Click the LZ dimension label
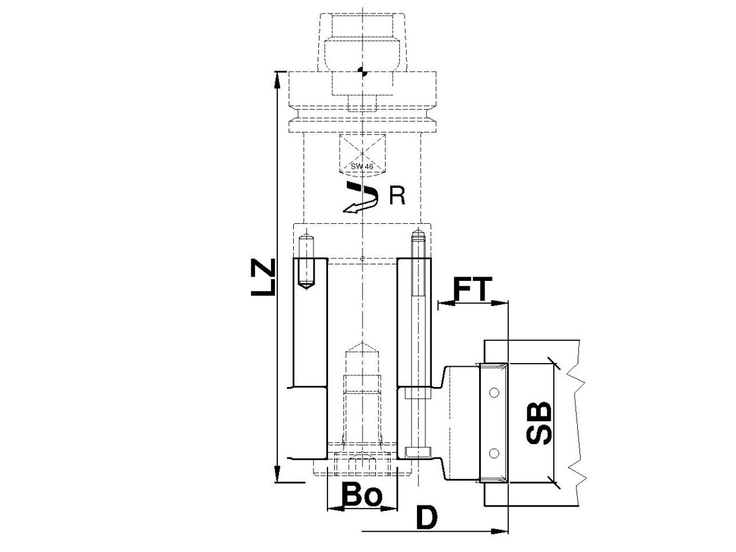pyautogui.click(x=263, y=277)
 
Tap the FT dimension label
pyautogui.click(x=472, y=288)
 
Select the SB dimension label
pyautogui.click(x=539, y=423)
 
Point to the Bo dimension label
pyautogui.click(x=362, y=494)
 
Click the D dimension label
pyautogui.click(x=427, y=517)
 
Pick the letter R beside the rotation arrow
pyautogui.click(x=397, y=196)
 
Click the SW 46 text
pyautogui.click(x=362, y=166)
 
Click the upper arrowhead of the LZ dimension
pyautogui.click(x=277, y=80)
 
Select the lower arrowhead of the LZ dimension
pyautogui.click(x=277, y=474)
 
